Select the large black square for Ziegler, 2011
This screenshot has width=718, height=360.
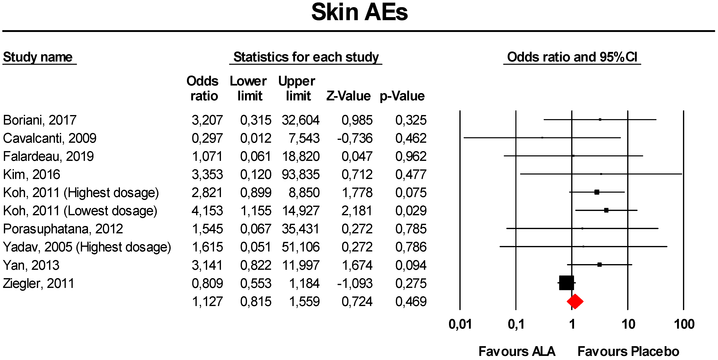click(566, 283)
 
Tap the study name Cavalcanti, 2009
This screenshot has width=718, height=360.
click(50, 138)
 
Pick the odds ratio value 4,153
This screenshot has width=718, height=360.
click(207, 211)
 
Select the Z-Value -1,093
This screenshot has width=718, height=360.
click(355, 283)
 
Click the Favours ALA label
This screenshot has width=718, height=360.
click(517, 351)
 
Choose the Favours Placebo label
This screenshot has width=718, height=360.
click(628, 351)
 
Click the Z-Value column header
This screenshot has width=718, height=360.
click(348, 96)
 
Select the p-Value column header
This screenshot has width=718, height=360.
click(402, 96)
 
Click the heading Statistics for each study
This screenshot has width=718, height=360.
click(306, 57)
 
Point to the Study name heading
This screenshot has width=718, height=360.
click(38, 57)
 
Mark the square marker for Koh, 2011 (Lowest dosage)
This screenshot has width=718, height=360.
click(606, 210)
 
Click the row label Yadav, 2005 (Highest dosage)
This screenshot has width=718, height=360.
click(87, 247)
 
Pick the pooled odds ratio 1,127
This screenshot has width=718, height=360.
click(207, 302)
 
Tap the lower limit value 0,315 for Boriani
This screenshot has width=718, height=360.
click(256, 120)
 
